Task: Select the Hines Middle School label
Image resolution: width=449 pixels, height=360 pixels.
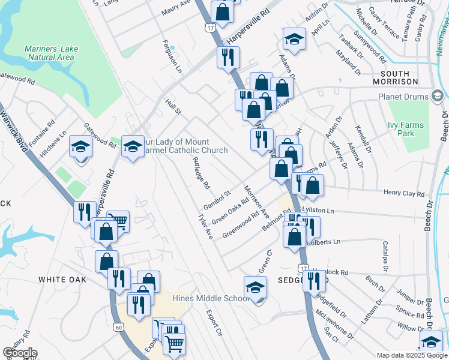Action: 210,298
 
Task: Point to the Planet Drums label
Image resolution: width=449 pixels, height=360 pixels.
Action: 402,97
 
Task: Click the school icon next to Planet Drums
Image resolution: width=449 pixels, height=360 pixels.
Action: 437,96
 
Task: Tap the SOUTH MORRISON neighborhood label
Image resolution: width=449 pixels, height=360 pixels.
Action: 395,77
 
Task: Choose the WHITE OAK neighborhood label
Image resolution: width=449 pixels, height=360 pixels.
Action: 62,280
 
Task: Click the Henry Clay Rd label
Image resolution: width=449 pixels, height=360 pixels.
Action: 404,194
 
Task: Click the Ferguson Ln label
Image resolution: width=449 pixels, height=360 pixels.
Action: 172,57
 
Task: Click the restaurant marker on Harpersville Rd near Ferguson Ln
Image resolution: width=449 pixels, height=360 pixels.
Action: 228,57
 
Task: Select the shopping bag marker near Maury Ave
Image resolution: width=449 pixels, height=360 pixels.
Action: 221,12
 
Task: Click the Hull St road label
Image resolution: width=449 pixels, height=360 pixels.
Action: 173,107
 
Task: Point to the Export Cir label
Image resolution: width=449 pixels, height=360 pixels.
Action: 214,323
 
